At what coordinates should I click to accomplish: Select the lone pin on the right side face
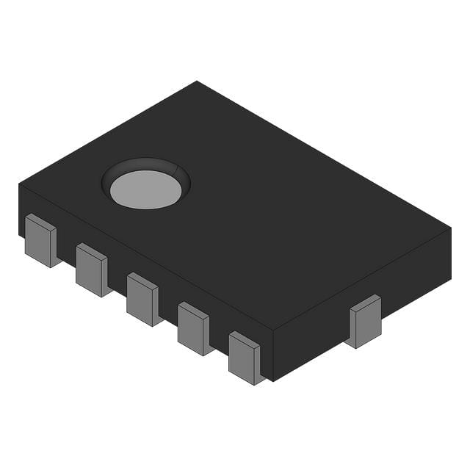click(365, 321)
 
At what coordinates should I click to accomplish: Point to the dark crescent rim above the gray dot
click(147, 166)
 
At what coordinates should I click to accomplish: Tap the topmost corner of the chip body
click(197, 82)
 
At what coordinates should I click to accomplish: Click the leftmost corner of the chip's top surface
click(19, 184)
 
